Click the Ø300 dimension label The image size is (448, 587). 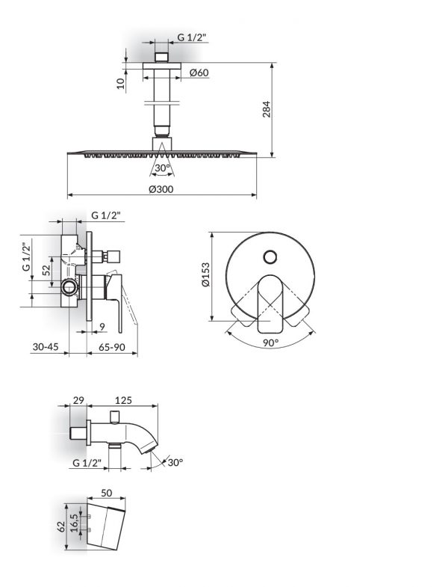[x=161, y=189]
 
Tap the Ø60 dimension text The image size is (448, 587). [x=199, y=72]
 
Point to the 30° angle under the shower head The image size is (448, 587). [x=162, y=168]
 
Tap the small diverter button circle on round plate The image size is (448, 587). [x=270, y=258]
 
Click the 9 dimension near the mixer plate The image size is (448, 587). [x=102, y=325]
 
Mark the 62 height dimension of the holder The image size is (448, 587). [x=62, y=526]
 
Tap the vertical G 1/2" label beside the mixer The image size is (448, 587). [x=26, y=256]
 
